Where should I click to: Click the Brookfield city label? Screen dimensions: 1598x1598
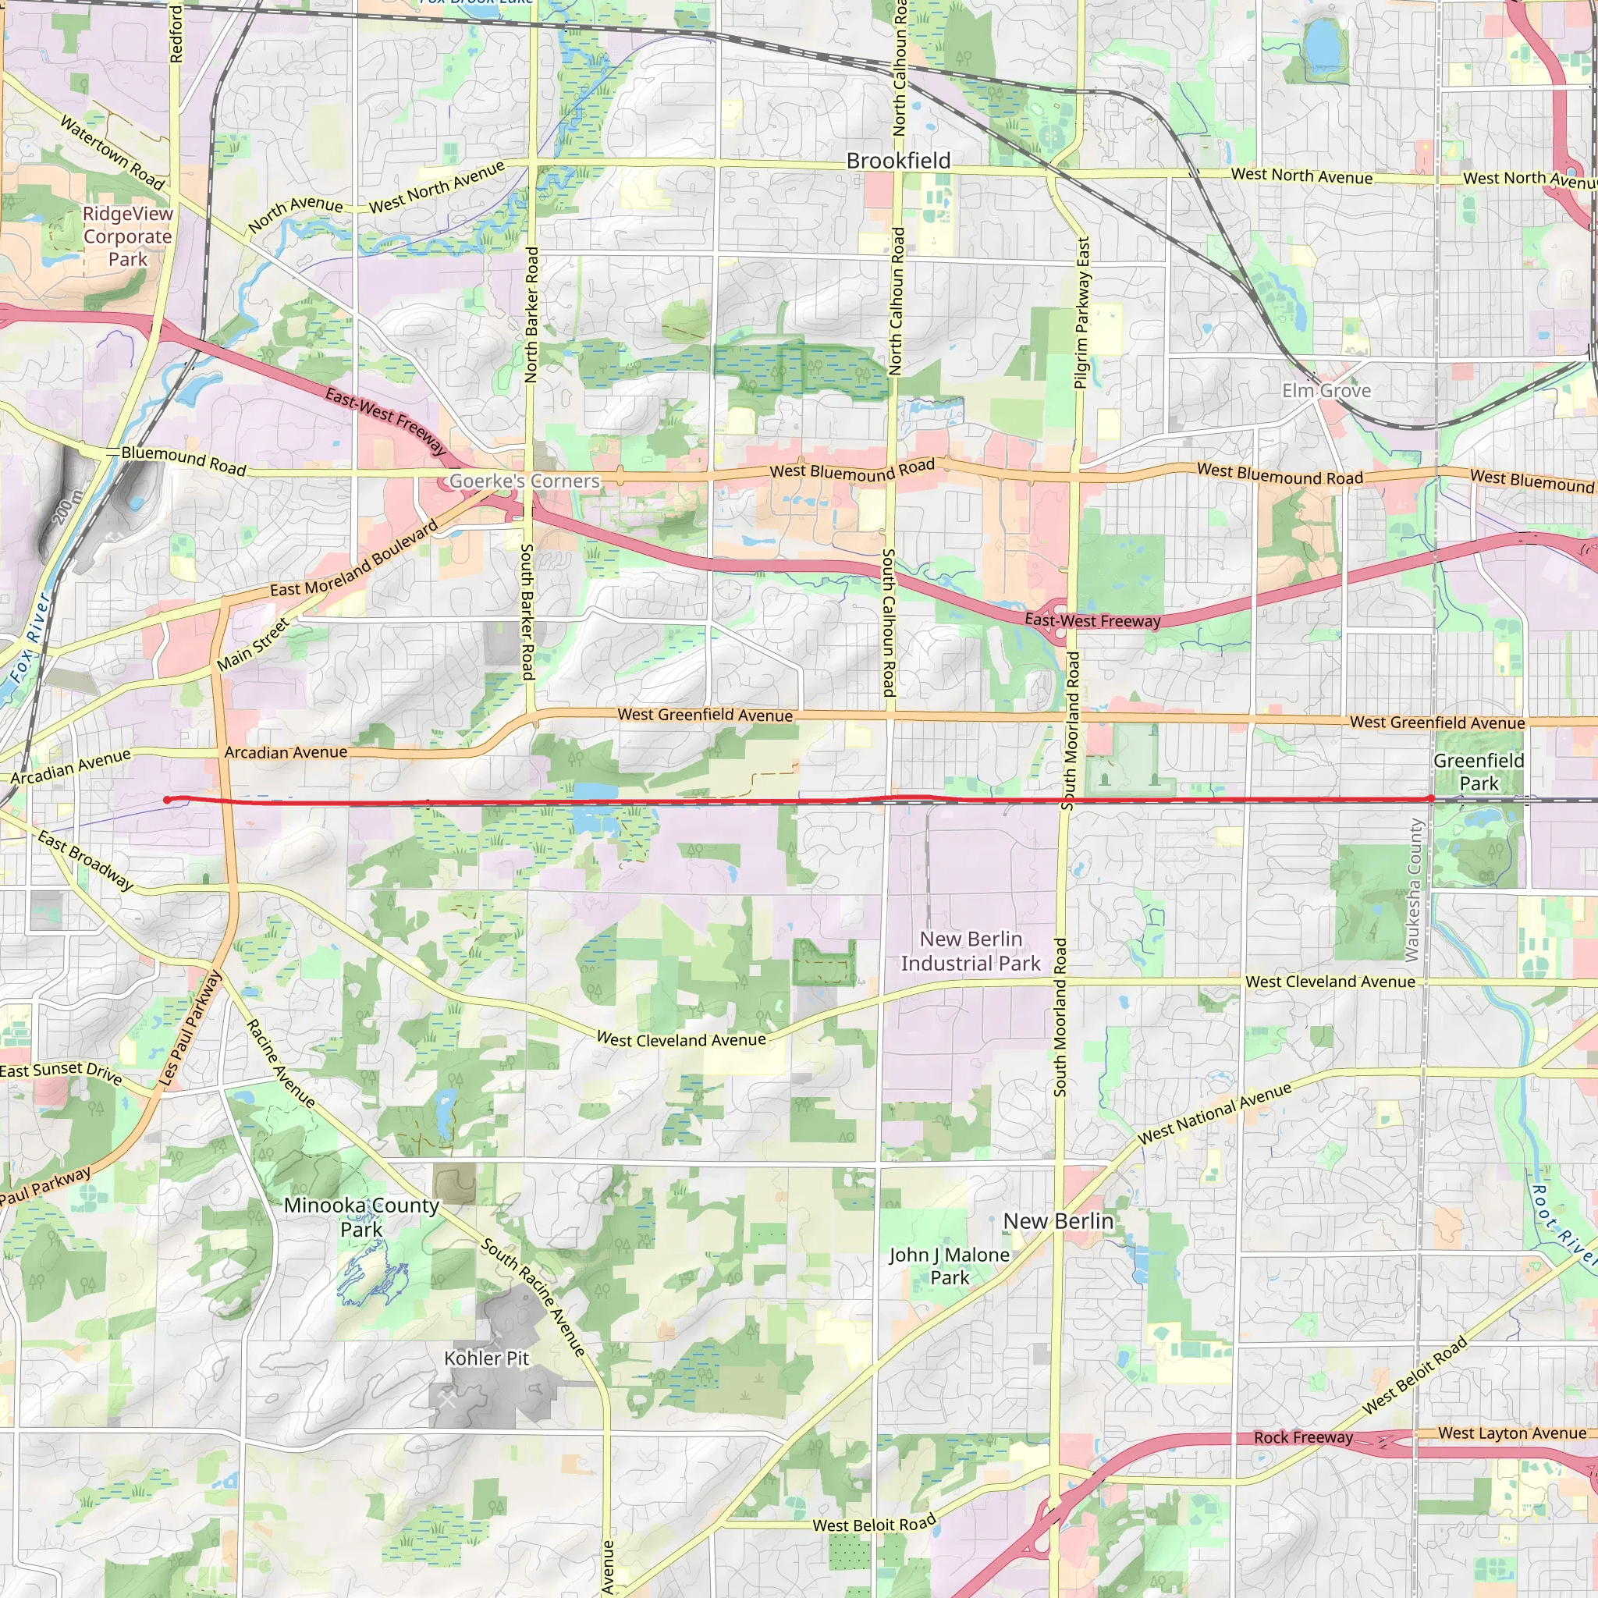point(898,161)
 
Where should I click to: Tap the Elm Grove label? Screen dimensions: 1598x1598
point(1326,390)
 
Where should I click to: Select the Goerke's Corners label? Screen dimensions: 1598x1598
point(524,481)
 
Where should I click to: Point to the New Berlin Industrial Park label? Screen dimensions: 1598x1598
point(971,951)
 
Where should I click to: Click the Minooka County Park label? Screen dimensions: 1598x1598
point(361,1216)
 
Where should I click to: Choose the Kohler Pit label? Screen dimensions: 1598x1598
point(486,1358)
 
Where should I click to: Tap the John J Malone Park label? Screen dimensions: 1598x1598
point(950,1266)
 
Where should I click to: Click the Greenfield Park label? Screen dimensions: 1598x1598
point(1478,772)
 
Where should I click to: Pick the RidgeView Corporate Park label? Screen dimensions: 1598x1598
point(128,236)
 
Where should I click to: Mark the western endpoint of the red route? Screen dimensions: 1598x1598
point(167,800)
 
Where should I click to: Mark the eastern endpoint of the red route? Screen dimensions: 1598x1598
point(1431,798)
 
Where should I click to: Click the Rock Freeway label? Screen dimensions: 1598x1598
point(1304,1437)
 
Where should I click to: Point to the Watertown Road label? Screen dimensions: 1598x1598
point(112,152)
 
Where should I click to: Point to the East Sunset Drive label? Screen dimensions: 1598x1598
point(60,1072)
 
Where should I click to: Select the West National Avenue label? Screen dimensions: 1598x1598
point(1214,1113)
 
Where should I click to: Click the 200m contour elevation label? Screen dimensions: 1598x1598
point(69,506)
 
